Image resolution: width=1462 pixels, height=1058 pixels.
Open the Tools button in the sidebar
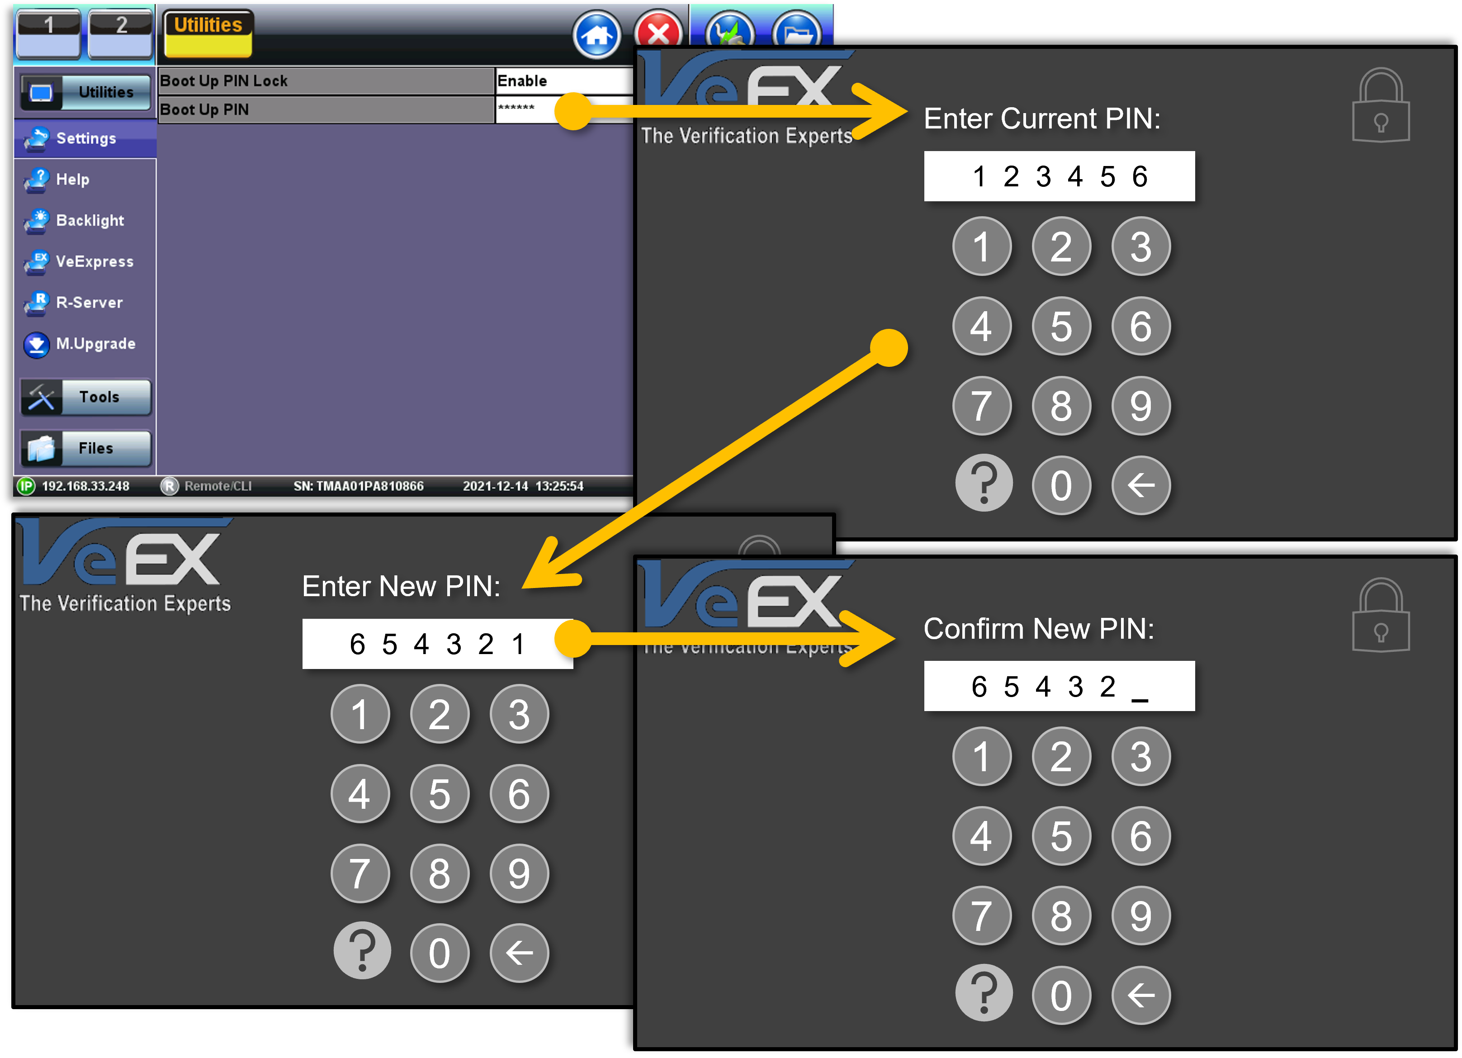click(86, 397)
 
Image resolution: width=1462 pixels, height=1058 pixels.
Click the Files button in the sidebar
click(86, 448)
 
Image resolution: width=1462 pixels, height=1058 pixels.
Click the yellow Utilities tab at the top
click(208, 33)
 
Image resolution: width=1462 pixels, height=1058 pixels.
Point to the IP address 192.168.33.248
click(86, 486)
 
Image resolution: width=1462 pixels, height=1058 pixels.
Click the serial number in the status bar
click(359, 486)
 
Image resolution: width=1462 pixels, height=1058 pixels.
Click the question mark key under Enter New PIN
click(362, 952)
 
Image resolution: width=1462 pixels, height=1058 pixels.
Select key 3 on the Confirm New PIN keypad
click(1140, 756)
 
